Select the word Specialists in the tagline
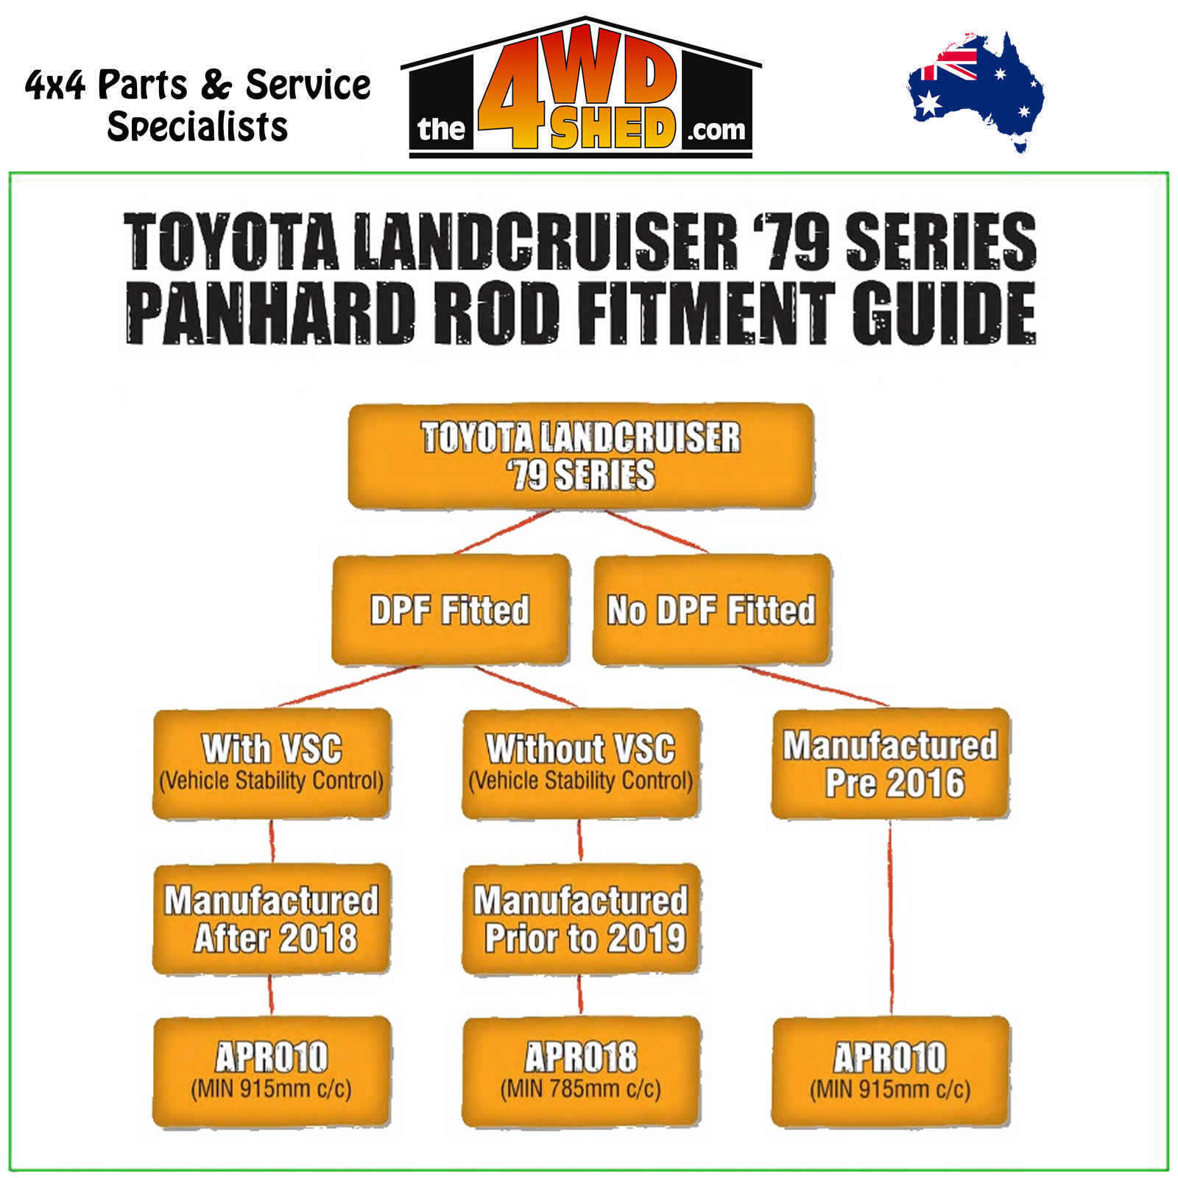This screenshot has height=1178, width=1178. (x=197, y=127)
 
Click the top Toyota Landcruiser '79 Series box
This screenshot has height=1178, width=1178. (x=581, y=456)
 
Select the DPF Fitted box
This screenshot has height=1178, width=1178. (x=451, y=610)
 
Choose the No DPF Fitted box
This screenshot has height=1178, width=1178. (x=712, y=610)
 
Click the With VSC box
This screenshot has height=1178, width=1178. (x=272, y=764)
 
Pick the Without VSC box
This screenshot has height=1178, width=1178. (x=581, y=764)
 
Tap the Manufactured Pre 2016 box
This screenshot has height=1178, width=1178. (x=890, y=764)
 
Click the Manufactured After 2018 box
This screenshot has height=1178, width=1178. (x=272, y=920)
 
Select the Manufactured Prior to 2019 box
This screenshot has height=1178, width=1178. (x=581, y=920)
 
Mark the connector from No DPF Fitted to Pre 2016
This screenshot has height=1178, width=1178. (x=813, y=686)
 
